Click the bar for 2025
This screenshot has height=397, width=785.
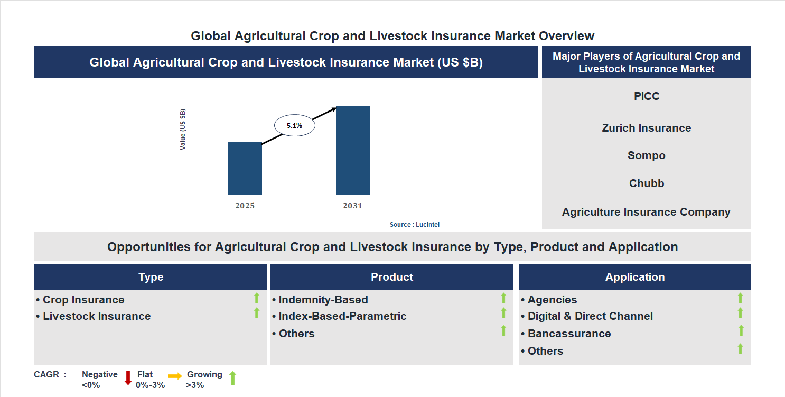click(245, 168)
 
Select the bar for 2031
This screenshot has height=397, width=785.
click(352, 151)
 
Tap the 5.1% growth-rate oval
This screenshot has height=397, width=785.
click(294, 126)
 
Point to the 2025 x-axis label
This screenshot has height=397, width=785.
click(245, 206)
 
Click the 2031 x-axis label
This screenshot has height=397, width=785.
click(352, 206)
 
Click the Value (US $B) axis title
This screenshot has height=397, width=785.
click(183, 130)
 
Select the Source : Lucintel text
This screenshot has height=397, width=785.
click(414, 225)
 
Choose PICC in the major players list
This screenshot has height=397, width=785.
click(647, 96)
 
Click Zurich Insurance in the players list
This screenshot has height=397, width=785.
click(647, 128)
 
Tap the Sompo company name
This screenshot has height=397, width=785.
click(647, 155)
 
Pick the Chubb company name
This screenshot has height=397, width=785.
click(647, 183)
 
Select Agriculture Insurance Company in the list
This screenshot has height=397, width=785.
click(646, 212)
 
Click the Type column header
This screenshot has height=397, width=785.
click(151, 277)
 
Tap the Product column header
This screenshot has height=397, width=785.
click(391, 277)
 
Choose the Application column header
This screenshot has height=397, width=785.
click(634, 277)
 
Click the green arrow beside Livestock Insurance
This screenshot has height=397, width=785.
click(257, 313)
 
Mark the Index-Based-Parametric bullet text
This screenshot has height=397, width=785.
click(342, 316)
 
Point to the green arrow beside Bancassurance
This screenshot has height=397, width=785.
click(741, 330)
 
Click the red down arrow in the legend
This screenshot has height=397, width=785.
click(128, 378)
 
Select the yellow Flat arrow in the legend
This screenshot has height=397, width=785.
click(175, 376)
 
